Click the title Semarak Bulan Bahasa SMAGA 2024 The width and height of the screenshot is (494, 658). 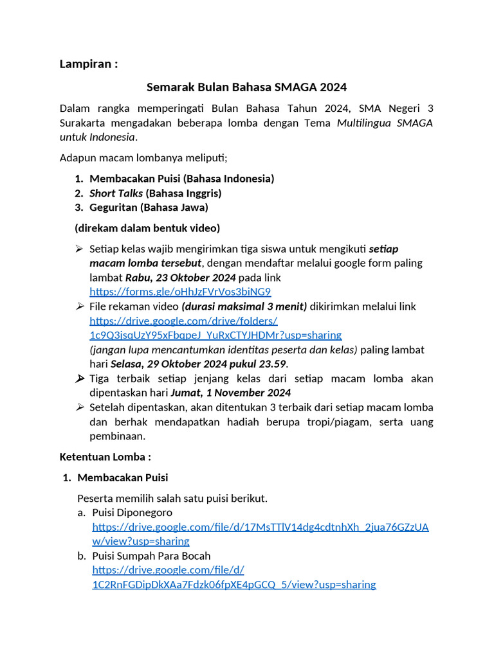(246, 87)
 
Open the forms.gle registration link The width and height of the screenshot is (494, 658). (180, 292)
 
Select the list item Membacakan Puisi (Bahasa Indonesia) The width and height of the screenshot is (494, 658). (181, 179)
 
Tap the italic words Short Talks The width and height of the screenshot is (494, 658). (116, 193)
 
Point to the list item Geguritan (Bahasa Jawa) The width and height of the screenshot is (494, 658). (149, 208)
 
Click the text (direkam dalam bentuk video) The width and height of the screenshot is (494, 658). (147, 228)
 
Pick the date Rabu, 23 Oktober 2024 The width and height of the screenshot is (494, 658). (181, 278)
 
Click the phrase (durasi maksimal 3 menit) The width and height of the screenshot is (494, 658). (244, 307)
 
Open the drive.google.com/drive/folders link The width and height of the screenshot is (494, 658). (215, 328)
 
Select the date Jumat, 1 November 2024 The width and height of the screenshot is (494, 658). (230, 393)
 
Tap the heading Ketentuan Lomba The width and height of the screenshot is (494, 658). (105, 457)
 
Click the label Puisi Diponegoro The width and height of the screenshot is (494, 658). (132, 512)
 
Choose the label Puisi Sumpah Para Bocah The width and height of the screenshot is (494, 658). (151, 556)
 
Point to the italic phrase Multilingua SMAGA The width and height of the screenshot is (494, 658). (385, 123)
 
